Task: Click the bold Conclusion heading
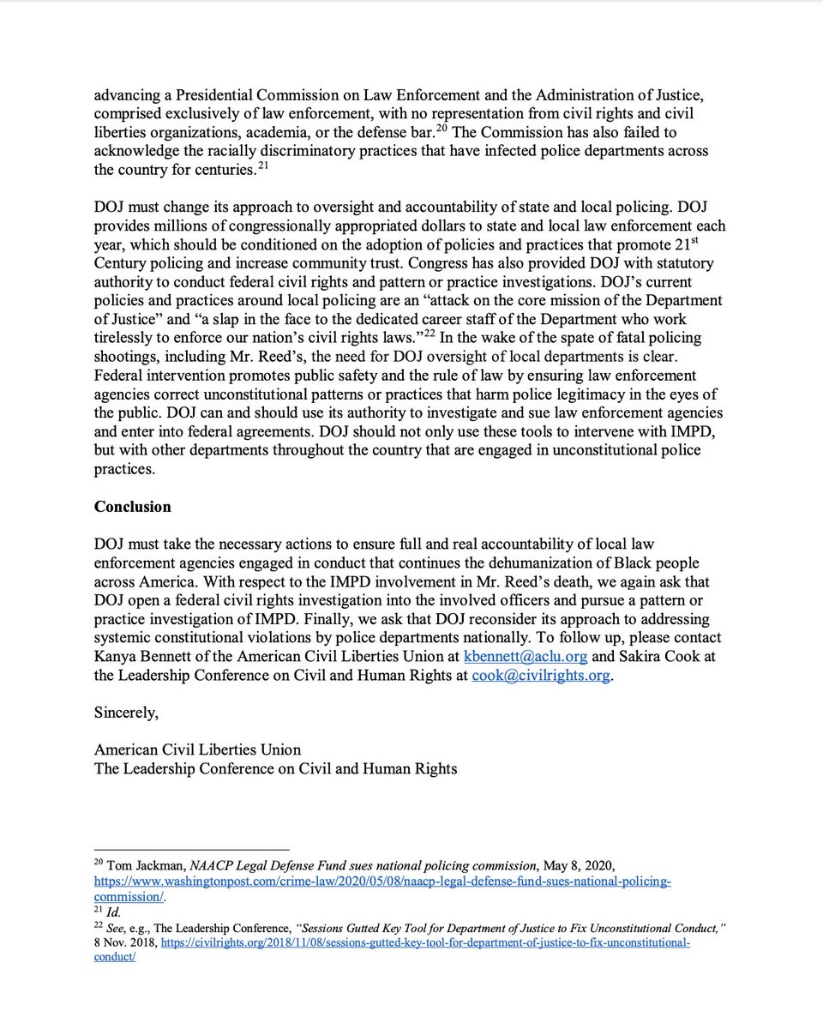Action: (x=132, y=507)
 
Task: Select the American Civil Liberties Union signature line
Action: (x=197, y=749)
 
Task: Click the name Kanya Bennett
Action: (x=146, y=658)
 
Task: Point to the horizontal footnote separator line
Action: (x=191, y=847)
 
